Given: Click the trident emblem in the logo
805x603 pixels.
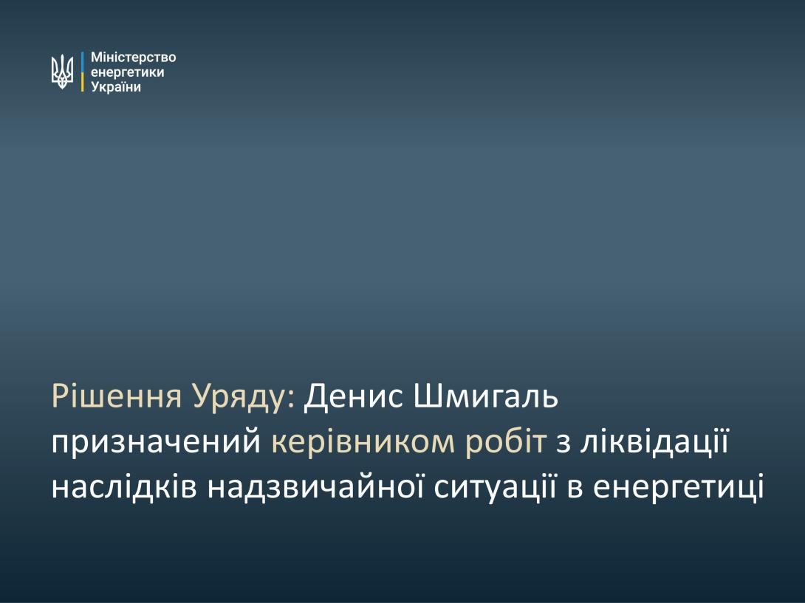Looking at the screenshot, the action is click(x=62, y=72).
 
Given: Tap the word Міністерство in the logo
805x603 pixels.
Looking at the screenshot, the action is click(x=134, y=57).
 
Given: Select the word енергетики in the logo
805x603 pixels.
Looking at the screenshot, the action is click(x=127, y=72).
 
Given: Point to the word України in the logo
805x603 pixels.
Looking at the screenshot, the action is click(x=116, y=87).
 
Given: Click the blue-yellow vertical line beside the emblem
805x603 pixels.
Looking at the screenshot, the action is click(x=82, y=72).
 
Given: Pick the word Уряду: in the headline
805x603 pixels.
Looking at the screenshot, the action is click(x=244, y=398).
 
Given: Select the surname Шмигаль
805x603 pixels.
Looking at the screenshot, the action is click(x=486, y=396).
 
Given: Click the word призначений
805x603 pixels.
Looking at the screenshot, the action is click(x=156, y=442).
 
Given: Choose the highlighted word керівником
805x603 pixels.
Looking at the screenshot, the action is click(x=363, y=442).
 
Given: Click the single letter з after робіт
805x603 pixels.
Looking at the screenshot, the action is click(x=563, y=444).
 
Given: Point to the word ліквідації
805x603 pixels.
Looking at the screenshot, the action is click(x=655, y=442).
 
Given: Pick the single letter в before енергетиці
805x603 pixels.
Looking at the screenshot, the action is click(x=575, y=489).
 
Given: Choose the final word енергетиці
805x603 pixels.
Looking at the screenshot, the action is click(x=679, y=489).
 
